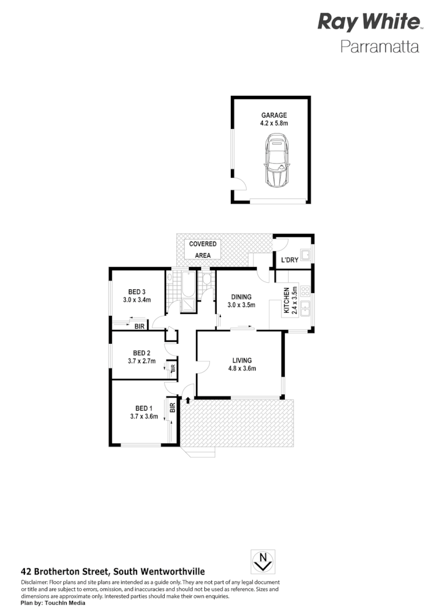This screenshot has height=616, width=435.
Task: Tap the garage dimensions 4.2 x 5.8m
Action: tap(274, 123)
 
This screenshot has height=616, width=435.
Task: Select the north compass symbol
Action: tap(263, 561)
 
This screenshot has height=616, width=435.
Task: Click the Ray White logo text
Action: tap(368, 23)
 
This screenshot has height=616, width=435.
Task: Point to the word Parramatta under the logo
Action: tap(379, 46)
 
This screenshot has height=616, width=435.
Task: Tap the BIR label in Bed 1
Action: tap(172, 408)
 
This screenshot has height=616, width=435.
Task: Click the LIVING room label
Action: tap(242, 359)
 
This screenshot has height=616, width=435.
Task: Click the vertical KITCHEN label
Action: tap(287, 301)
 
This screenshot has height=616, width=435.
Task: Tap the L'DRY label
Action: tap(289, 260)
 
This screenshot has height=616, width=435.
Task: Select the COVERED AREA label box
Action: tap(203, 250)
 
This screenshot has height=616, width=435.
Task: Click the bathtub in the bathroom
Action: tap(188, 286)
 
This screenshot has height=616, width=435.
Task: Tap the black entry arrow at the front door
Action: tap(188, 400)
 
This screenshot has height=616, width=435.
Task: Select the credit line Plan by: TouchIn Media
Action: tap(53, 603)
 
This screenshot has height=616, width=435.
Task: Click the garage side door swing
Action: tap(239, 184)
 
